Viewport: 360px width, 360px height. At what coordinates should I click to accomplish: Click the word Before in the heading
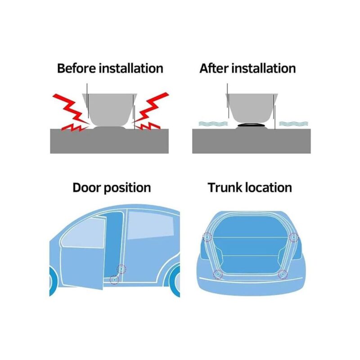point(76,68)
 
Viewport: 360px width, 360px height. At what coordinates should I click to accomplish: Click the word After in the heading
point(214,68)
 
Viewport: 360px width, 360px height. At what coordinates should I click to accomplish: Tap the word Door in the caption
point(87,188)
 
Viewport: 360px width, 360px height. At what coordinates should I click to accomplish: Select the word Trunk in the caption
point(225,188)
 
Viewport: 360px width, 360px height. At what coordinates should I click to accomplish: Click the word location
point(269,188)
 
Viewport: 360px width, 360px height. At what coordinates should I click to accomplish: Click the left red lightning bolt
point(71,112)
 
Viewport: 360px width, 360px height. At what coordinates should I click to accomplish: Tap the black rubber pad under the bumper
point(251,125)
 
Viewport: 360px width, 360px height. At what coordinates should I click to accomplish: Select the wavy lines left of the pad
point(213,123)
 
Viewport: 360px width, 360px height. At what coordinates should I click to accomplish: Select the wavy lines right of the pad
point(294,123)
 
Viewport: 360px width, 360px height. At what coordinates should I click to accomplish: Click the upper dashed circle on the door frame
point(121,269)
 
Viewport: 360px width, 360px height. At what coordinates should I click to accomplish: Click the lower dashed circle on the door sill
point(114,279)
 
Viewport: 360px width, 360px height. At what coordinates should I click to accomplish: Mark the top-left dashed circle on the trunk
point(207,237)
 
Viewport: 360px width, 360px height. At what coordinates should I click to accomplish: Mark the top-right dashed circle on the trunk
point(294,237)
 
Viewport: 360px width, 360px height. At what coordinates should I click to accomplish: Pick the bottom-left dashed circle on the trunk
point(218,274)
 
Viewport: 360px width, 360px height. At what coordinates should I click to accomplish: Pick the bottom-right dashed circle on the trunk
point(283,274)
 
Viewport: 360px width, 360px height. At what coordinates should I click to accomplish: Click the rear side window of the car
point(150,225)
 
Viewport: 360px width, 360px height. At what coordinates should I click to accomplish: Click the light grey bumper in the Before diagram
point(110,109)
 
